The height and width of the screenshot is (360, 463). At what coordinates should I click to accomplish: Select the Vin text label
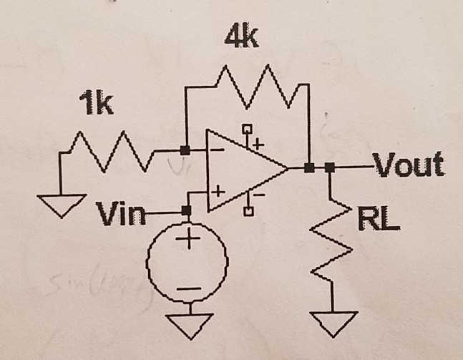click(119, 213)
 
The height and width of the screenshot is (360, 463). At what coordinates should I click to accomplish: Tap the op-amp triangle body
click(240, 170)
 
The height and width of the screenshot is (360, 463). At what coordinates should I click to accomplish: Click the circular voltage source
click(187, 263)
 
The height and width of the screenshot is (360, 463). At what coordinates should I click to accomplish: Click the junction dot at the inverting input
click(185, 151)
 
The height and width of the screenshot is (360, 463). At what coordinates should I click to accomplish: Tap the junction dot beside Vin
click(187, 211)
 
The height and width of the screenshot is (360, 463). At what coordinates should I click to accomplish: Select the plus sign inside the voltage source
click(187, 240)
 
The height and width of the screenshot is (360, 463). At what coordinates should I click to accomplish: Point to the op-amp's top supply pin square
click(248, 130)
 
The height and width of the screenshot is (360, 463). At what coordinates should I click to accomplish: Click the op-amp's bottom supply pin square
click(248, 211)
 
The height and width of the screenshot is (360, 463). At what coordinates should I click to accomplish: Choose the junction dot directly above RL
click(329, 168)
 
